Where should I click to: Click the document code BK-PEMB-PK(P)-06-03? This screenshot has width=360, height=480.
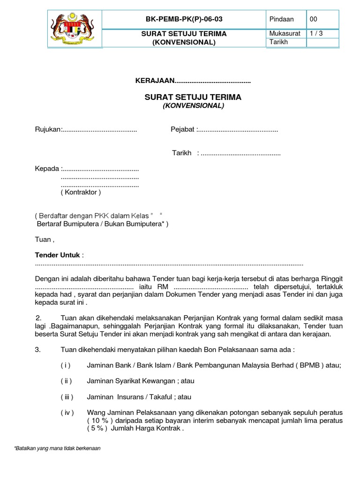click(184, 19)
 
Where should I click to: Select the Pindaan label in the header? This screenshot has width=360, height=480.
click(281, 19)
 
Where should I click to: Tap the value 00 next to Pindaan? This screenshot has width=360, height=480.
click(313, 19)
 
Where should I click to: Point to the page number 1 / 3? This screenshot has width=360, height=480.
click(316, 33)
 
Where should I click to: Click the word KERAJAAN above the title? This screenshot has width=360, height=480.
click(155, 82)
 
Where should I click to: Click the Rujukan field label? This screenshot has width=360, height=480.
click(48, 129)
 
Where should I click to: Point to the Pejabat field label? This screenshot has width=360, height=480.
click(183, 129)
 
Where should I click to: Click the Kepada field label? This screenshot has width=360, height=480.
click(47, 168)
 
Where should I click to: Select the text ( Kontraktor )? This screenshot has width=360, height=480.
click(81, 192)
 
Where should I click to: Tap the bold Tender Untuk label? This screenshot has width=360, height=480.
click(58, 255)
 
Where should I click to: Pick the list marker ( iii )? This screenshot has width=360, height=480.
click(67, 397)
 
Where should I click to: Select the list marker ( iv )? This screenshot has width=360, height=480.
click(67, 412)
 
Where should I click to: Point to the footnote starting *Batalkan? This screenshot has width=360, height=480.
click(58, 448)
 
